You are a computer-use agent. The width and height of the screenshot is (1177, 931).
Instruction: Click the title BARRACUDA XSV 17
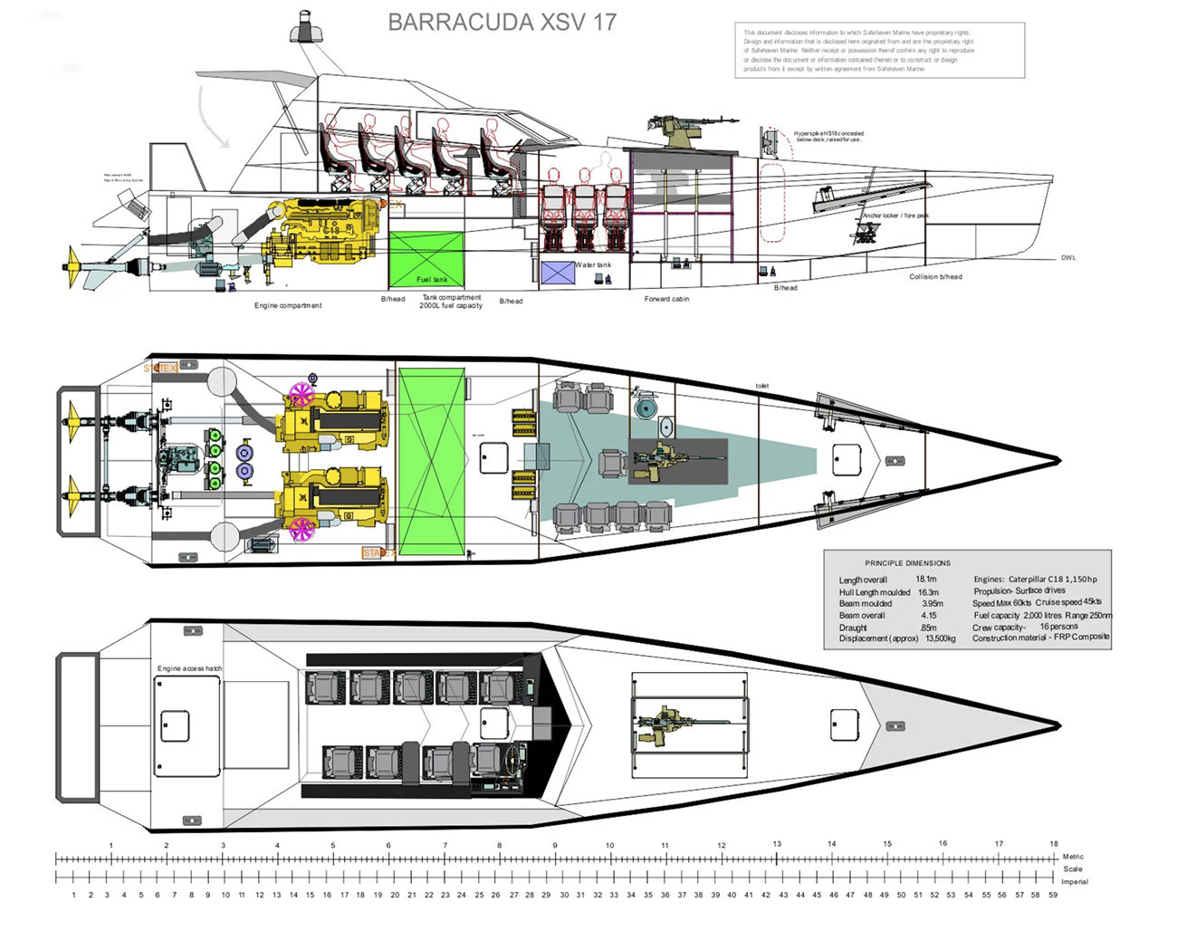coord(502,23)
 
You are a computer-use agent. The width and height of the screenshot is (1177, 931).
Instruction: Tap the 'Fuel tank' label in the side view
coord(432,279)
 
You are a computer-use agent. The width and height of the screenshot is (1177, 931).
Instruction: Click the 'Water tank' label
coord(594,265)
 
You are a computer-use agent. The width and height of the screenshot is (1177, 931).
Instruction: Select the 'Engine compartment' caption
coord(288,305)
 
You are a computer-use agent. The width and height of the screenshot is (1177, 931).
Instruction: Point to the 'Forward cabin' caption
coord(666,299)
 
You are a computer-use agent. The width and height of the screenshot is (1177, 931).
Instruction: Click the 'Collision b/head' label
coord(935,276)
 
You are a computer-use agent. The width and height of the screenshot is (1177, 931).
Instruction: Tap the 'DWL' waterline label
coord(1068,258)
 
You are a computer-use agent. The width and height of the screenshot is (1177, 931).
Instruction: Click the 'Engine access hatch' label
coord(189,668)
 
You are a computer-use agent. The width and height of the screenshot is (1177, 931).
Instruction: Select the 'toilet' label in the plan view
coord(762,386)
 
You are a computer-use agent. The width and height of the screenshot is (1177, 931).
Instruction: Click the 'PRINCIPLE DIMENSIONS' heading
coord(907,562)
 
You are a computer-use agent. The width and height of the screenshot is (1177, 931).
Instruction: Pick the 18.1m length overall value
coord(925,579)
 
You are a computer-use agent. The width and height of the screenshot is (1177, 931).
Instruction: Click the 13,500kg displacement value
coord(940,638)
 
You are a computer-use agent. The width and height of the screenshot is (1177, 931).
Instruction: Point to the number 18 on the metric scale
coord(1054,843)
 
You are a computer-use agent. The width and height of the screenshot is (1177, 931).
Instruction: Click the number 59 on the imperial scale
coord(1053,895)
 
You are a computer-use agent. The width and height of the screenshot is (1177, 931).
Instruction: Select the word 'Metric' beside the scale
coord(1073,856)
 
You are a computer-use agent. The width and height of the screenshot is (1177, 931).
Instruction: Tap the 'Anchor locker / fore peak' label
coord(895,216)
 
